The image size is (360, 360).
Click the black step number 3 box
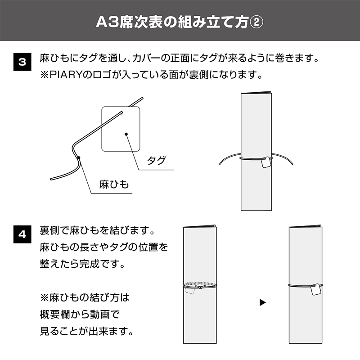pyautogui.click(x=22, y=62)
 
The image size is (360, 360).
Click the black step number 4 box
pyautogui.click(x=22, y=234)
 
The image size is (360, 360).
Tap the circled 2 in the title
pyautogui.click(x=256, y=22)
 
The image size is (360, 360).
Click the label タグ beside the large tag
pyautogui.click(x=156, y=160)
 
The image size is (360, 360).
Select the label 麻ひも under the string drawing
pyautogui.click(x=114, y=184)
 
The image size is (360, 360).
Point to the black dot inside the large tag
pyautogui.click(x=126, y=134)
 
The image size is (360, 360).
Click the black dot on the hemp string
pyautogui.click(x=79, y=157)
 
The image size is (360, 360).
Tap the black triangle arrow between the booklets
pyautogui.click(x=263, y=302)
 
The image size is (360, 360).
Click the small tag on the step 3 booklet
pyautogui.click(x=266, y=162)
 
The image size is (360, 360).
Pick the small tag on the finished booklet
pyautogui.click(x=316, y=289)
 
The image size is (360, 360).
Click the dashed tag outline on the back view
pyautogui.click(x=189, y=290)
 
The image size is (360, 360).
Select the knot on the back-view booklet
pyautogui.click(x=200, y=287)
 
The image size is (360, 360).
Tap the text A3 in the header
pyautogui.click(x=107, y=22)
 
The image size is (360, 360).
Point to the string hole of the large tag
pyautogui.click(x=121, y=113)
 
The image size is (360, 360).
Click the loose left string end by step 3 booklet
pyautogui.click(x=220, y=164)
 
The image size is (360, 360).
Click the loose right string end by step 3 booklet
pyautogui.click(x=292, y=164)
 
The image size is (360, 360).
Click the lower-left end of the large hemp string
pyautogui.click(x=51, y=179)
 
